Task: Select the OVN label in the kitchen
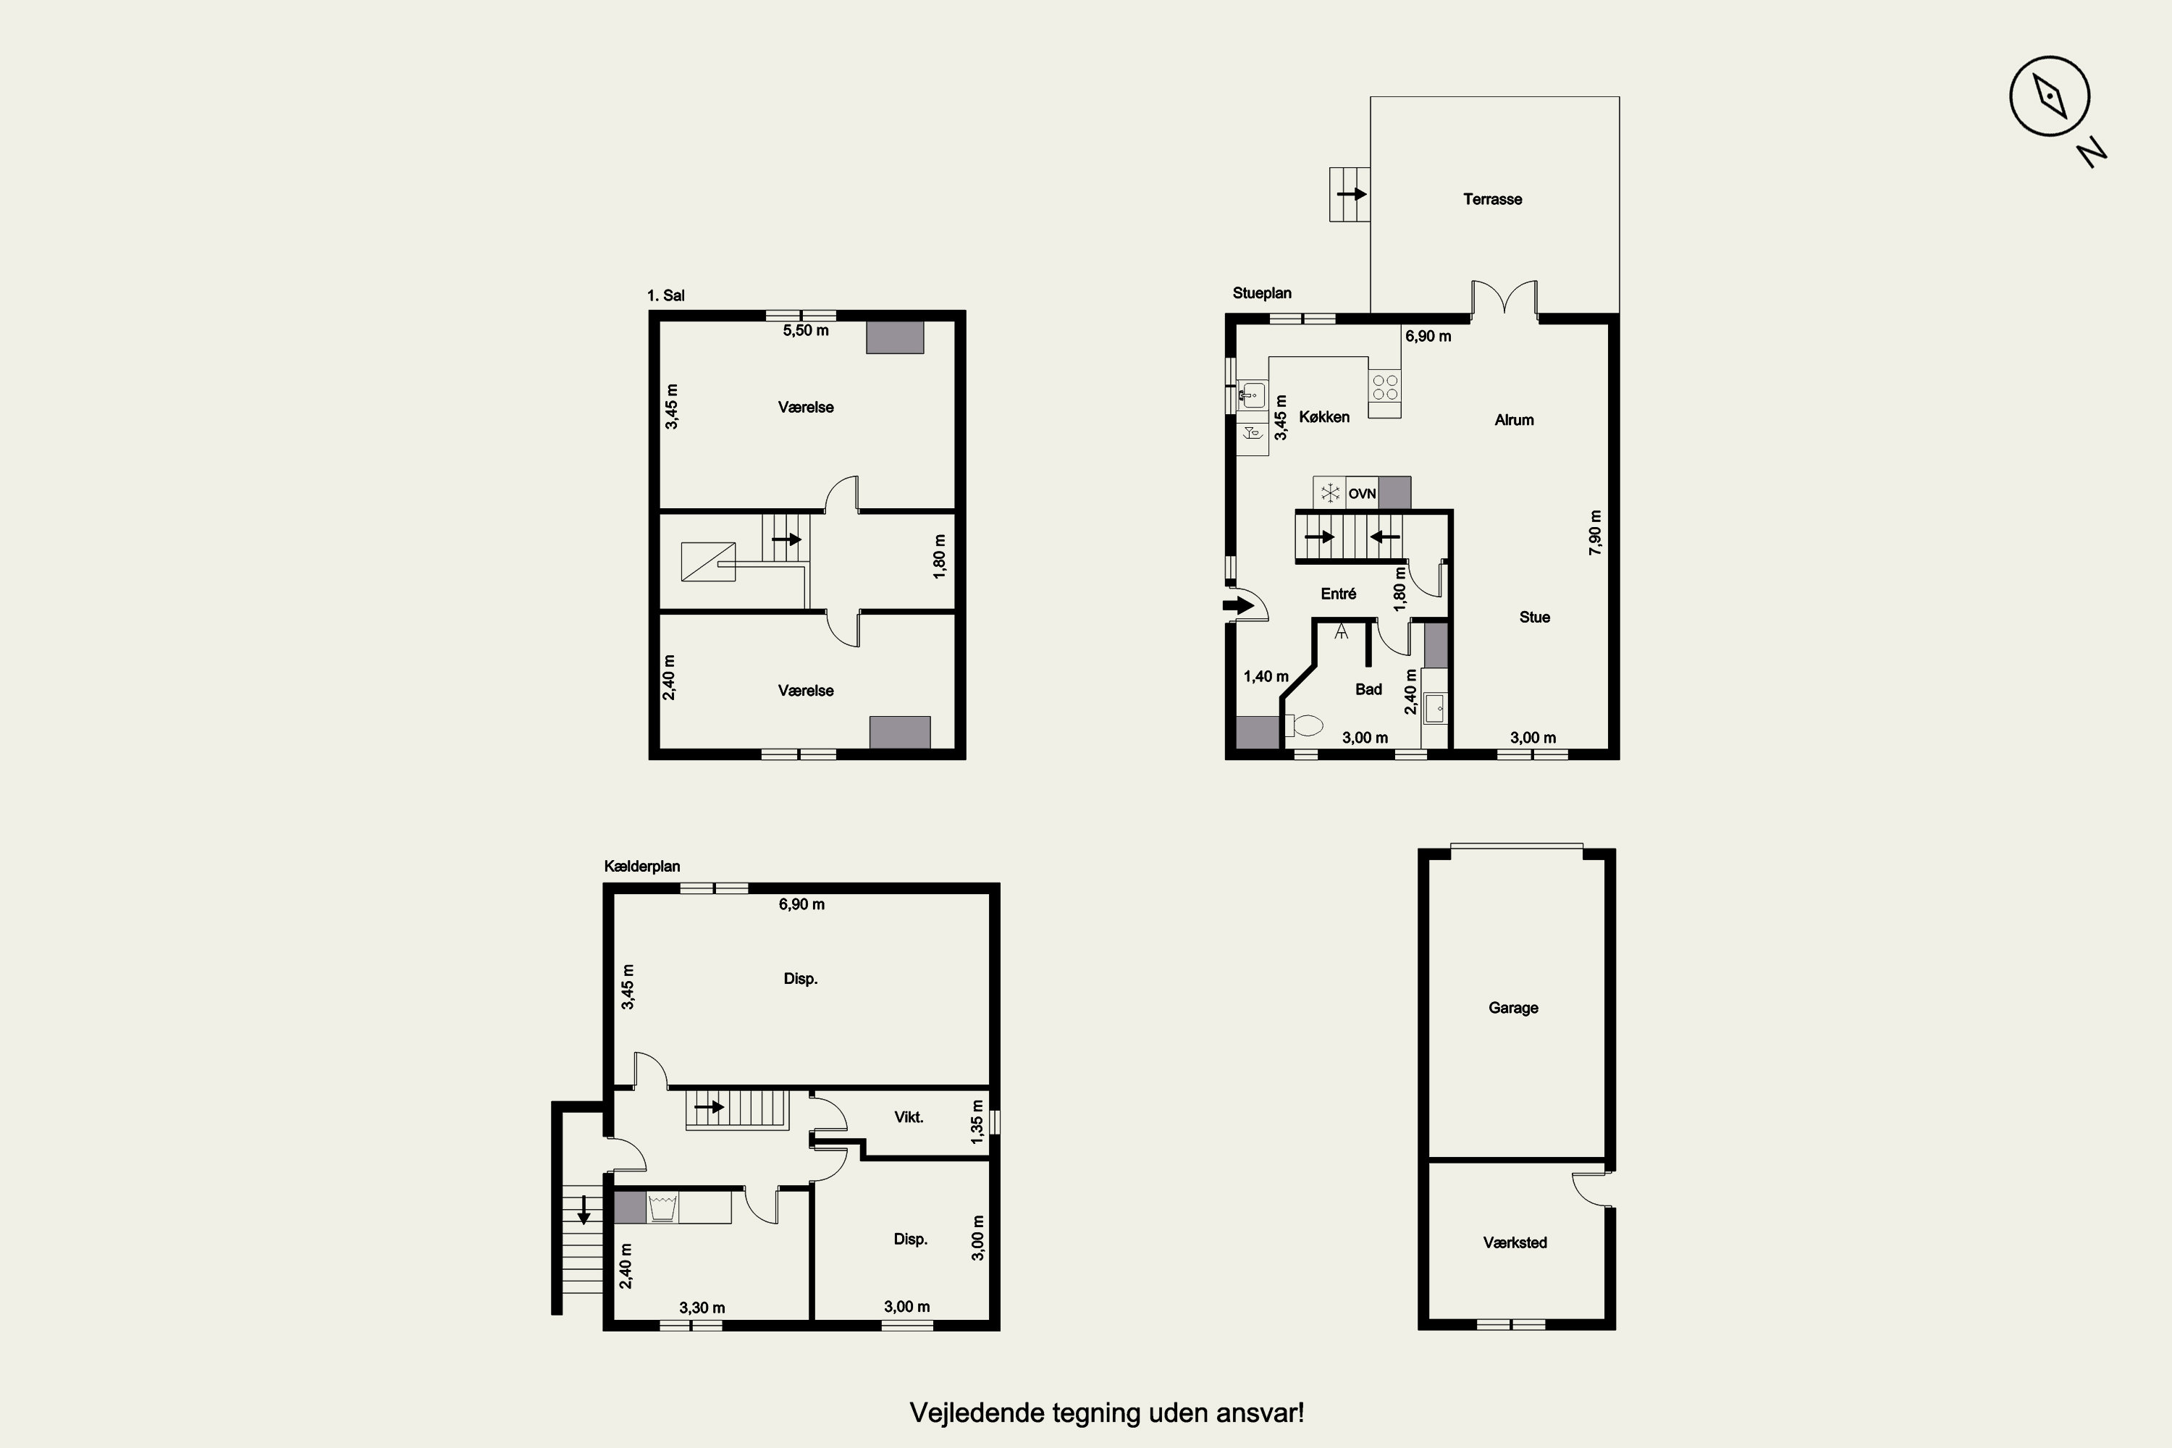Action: click(1362, 494)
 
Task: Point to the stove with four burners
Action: click(1384, 386)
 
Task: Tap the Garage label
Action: click(1512, 1009)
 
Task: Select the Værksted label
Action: click(1515, 1243)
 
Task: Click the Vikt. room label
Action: click(909, 1117)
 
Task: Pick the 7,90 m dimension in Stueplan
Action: click(1595, 533)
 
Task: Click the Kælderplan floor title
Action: click(641, 866)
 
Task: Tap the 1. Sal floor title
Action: click(666, 295)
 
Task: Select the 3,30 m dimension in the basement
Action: click(702, 1308)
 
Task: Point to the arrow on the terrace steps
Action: click(1352, 194)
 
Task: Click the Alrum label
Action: click(1515, 420)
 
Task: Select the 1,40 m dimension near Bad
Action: click(1266, 677)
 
